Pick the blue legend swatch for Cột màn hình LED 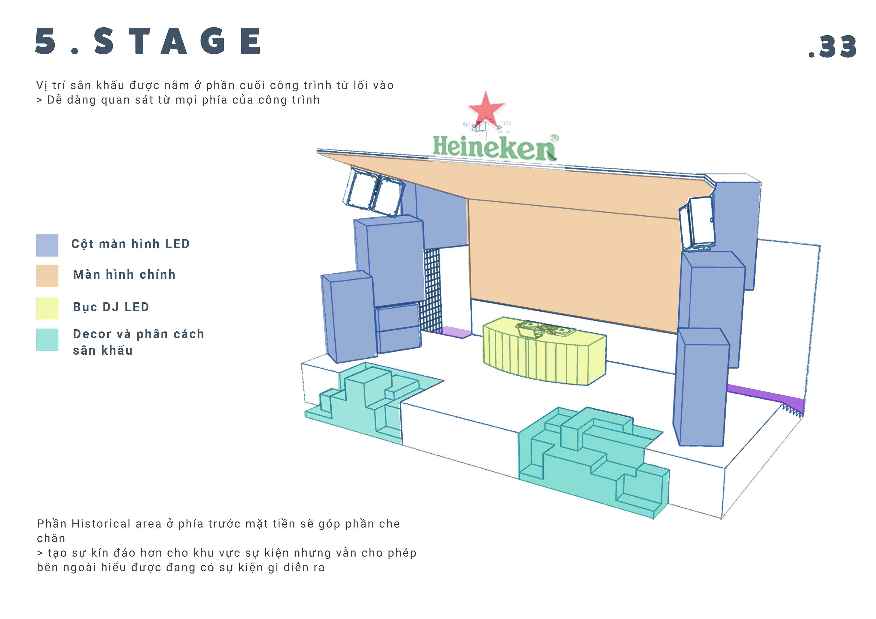point(47,245)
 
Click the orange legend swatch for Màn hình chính point(47,276)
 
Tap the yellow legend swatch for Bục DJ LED point(47,308)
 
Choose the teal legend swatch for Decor point(47,339)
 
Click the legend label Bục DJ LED point(111,307)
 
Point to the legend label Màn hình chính point(124,274)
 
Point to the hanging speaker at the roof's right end point(697,223)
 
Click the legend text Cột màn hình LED point(130,244)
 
